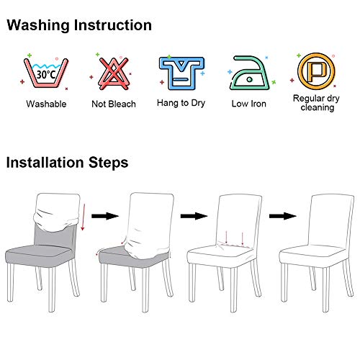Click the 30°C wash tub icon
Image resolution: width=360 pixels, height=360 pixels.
46,73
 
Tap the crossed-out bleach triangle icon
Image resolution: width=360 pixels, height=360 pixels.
114,73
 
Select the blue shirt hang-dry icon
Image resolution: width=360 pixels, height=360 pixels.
181,73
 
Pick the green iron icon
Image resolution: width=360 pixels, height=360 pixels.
250,73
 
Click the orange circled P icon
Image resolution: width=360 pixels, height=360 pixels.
316,71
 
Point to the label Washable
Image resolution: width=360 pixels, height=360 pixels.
46,104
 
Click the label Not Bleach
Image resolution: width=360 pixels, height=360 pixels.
114,104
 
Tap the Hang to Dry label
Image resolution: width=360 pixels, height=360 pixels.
181,103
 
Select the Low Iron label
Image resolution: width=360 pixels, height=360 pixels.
249,104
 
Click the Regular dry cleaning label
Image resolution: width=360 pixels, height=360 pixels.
317,103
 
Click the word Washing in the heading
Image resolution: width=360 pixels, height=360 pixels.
38,25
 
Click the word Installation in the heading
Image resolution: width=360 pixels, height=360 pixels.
45,162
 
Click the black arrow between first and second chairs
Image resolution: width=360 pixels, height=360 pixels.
105,216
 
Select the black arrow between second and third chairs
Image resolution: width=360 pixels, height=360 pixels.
194,216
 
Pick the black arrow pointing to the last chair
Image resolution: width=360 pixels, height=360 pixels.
283,216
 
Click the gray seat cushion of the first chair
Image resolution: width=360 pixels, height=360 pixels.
38,255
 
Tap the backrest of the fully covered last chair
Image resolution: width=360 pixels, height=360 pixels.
331,221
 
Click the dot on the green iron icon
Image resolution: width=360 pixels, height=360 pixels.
250,79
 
